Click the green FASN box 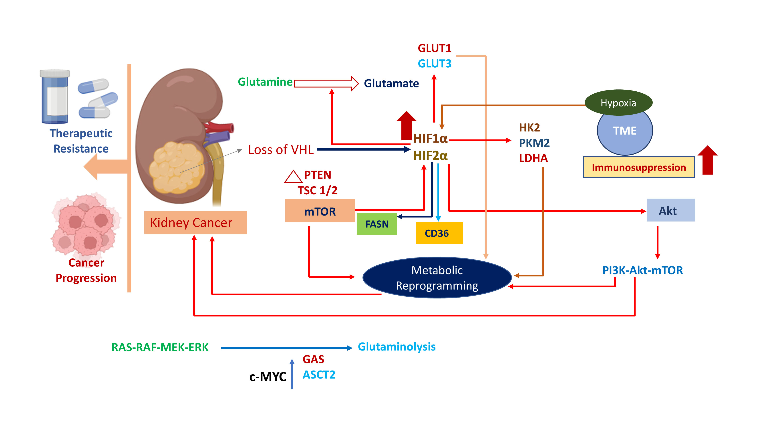click(376, 224)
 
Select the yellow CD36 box click(439, 233)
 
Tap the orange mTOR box click(320, 211)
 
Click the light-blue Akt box click(670, 210)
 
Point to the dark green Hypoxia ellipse click(618, 103)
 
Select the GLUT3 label click(435, 64)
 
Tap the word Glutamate click(391, 83)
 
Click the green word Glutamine click(265, 82)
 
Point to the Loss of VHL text click(281, 150)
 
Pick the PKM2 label click(534, 143)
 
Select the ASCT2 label click(319, 375)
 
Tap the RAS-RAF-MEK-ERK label click(160, 347)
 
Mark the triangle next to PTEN click(293, 177)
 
